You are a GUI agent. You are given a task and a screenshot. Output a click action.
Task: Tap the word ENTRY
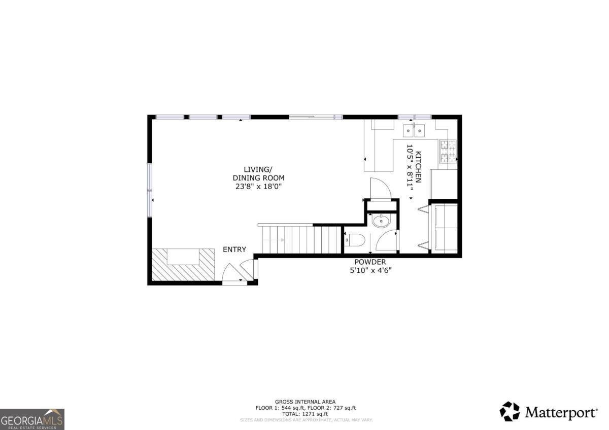click(234, 249)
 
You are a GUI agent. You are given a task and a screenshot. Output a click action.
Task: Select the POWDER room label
click(370, 262)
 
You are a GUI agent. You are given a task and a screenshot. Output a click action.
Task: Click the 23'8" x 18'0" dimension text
click(258, 187)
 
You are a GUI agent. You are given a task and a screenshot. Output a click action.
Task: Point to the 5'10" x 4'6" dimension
click(370, 270)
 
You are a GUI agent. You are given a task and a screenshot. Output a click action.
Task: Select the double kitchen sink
click(414, 130)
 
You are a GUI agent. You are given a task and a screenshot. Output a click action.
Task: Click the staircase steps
click(301, 239)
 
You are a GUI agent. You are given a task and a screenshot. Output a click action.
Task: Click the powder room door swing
click(388, 241)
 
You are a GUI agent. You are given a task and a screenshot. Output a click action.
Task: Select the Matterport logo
click(549, 411)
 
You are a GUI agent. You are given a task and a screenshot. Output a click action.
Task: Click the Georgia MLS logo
click(32, 419)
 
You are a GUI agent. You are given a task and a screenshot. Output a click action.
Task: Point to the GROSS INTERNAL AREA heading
click(305, 402)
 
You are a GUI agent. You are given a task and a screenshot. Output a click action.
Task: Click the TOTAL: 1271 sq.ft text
click(305, 414)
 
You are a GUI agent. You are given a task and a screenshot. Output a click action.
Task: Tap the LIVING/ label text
click(258, 169)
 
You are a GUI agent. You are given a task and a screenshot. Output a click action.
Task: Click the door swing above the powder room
click(381, 190)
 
